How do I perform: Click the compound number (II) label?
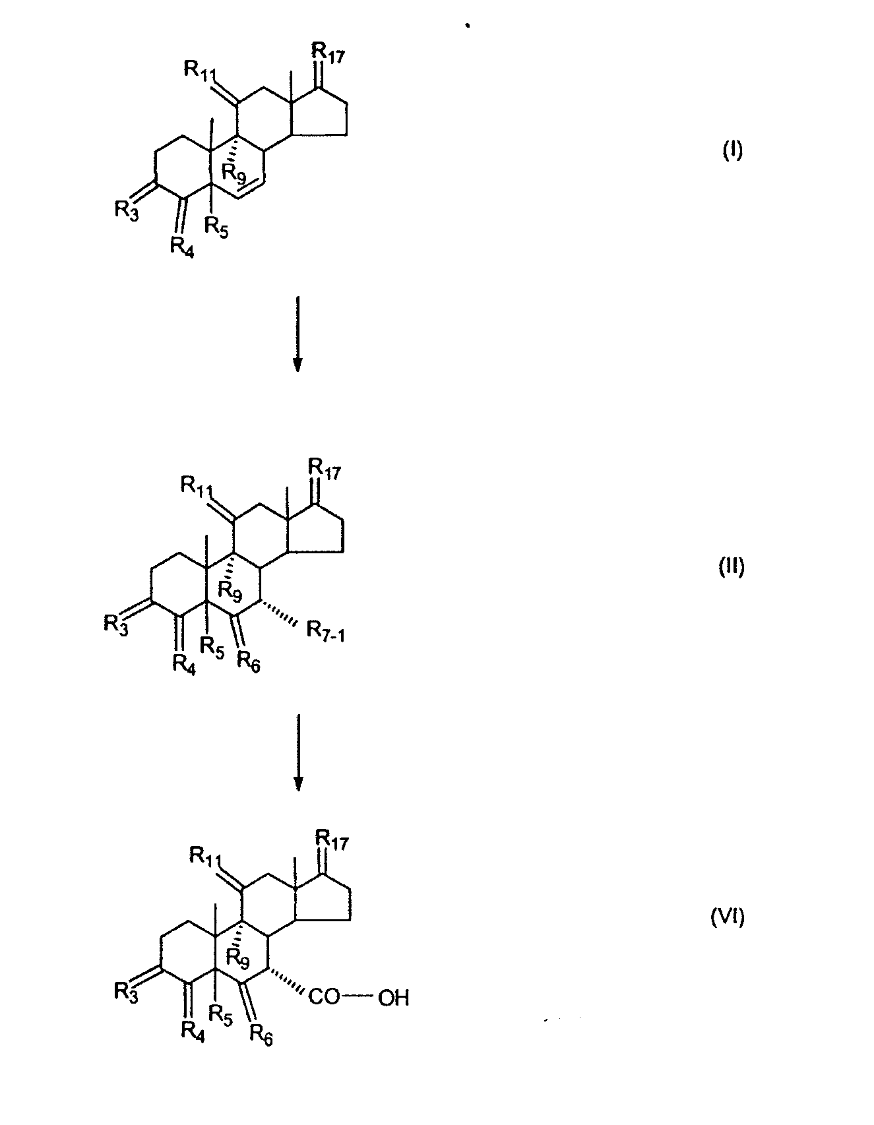[x=731, y=567]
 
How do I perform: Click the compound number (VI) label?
[x=728, y=917]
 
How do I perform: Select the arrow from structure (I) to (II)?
[x=297, y=334]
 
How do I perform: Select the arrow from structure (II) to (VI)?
[x=298, y=751]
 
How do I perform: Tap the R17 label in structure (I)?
[x=328, y=52]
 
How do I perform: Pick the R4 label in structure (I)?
[x=183, y=247]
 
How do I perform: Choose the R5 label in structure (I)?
[x=216, y=227]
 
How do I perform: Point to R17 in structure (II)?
[x=324, y=472]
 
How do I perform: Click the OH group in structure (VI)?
[x=394, y=998]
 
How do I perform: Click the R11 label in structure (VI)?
[x=206, y=857]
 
